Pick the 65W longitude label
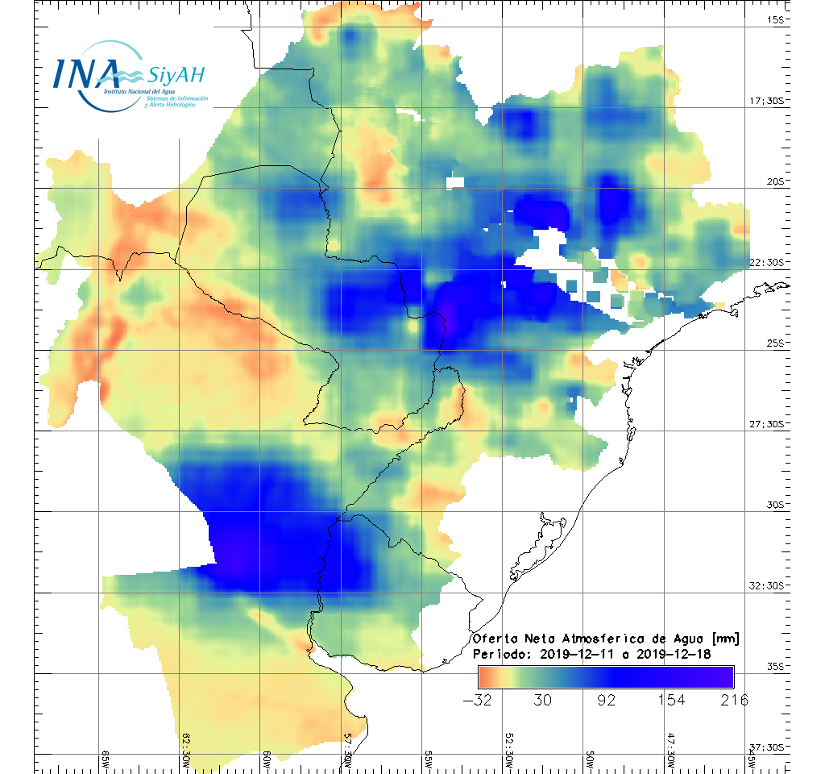[x=106, y=757]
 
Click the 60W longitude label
[x=267, y=757]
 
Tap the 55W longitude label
[x=428, y=757]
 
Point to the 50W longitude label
[x=589, y=757]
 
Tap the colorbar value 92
[x=606, y=700]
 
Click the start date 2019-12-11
[x=575, y=654]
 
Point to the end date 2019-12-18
[x=674, y=654]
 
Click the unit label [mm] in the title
[x=723, y=639]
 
